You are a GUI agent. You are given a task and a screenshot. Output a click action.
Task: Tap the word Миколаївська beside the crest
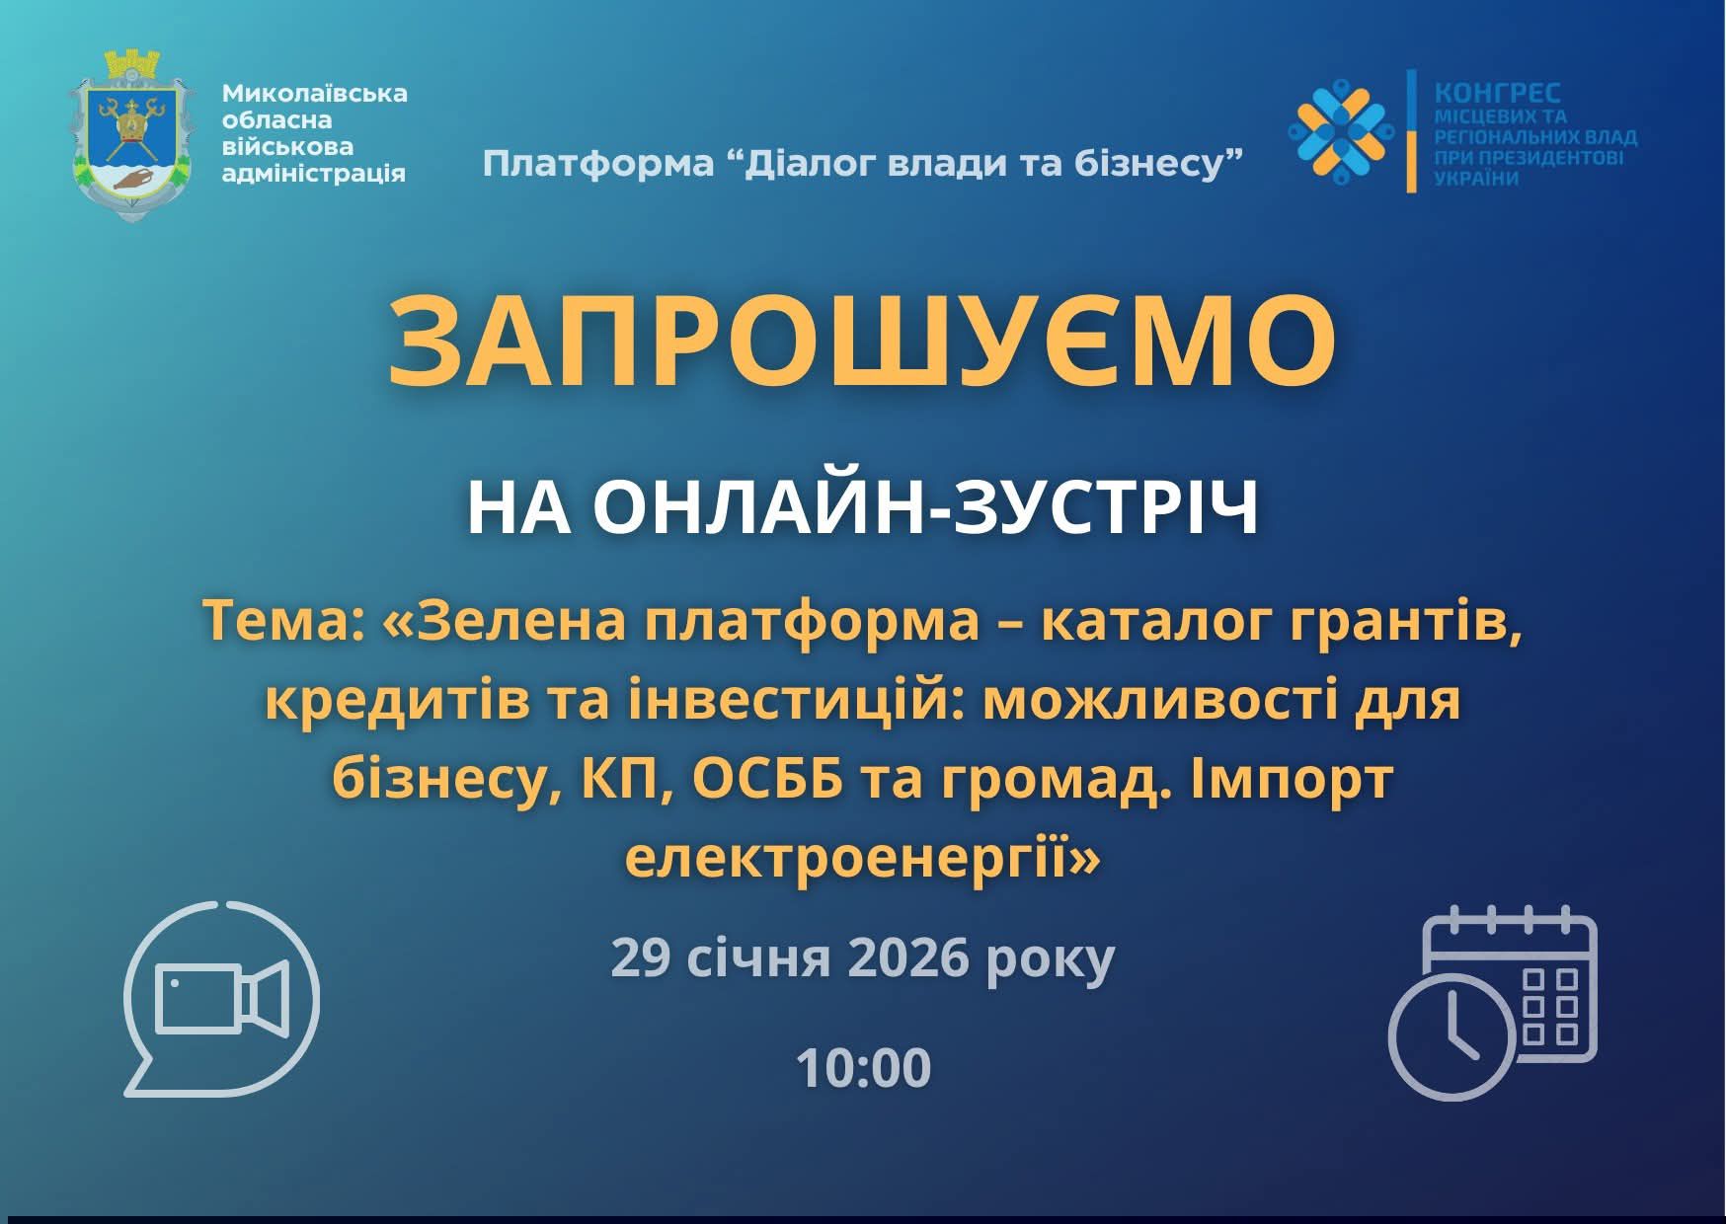click(x=314, y=93)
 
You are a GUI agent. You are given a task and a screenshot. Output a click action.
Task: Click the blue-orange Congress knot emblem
click(x=1340, y=130)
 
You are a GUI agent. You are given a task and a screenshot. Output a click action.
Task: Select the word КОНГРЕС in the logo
click(x=1497, y=93)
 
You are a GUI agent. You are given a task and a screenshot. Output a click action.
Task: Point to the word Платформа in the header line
click(x=597, y=163)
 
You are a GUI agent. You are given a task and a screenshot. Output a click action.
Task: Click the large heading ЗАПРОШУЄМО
click(x=862, y=341)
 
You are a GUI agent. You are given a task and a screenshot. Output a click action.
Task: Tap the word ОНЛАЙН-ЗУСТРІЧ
click(x=926, y=508)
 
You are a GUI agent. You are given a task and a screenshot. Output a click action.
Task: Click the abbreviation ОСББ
click(x=767, y=781)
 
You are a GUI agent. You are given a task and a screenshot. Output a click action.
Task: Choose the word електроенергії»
click(x=862, y=859)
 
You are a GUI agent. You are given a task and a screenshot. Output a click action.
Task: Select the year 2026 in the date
click(x=908, y=957)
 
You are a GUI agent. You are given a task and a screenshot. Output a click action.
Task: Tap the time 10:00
click(x=863, y=1068)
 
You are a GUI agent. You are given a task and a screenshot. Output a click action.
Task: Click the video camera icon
click(x=222, y=999)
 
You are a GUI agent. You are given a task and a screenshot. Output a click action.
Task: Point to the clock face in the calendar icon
click(x=1451, y=1036)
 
